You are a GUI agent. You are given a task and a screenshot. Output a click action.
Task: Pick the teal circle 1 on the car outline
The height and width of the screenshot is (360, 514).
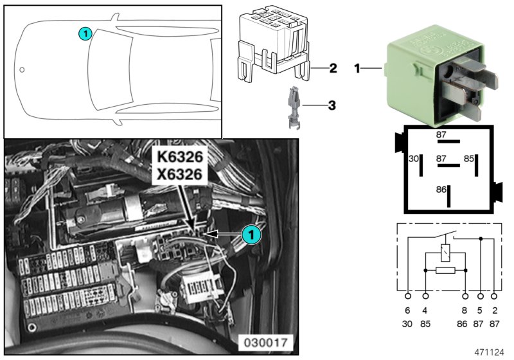click(85, 33)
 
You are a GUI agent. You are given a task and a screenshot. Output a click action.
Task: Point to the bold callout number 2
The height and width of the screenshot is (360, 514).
click(333, 67)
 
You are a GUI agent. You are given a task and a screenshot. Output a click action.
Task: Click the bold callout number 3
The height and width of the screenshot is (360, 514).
click(332, 104)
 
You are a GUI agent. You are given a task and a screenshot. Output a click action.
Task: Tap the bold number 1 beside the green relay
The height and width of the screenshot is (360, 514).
click(358, 67)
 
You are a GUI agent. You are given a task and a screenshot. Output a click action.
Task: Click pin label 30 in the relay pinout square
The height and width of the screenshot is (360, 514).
click(414, 158)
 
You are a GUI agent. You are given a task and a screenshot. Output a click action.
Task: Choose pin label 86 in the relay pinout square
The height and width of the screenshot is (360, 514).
click(440, 190)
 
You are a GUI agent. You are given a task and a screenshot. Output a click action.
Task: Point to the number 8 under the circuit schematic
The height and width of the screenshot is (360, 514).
click(466, 310)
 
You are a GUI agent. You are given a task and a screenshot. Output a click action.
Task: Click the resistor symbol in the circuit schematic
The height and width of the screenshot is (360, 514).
click(445, 270)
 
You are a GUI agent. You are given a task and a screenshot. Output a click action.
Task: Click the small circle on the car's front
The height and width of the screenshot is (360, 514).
click(22, 69)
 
